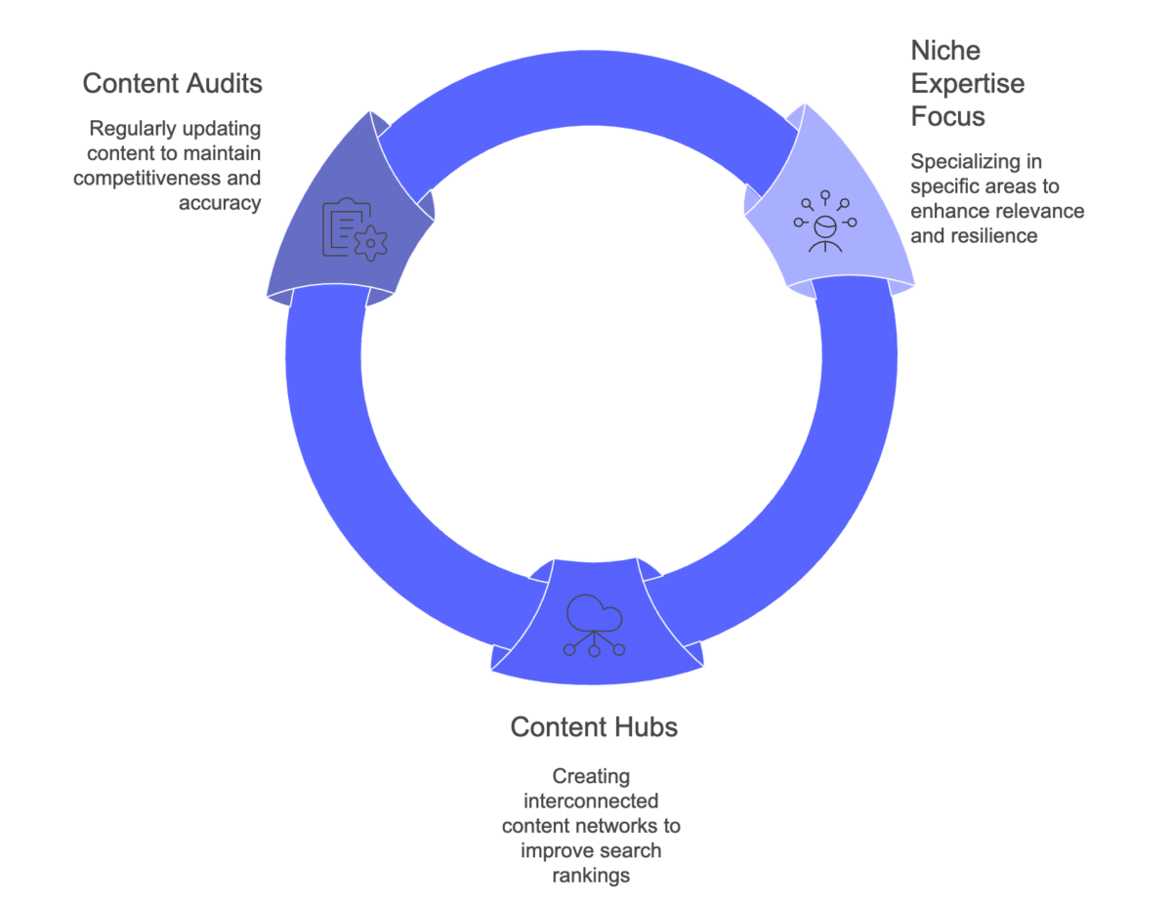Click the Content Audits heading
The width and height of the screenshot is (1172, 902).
[x=172, y=84]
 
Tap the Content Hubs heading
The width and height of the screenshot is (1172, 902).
[x=593, y=727]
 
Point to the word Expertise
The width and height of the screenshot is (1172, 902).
[x=967, y=83]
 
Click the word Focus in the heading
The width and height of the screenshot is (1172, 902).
[x=947, y=116]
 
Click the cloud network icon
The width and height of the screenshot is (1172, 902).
[x=594, y=625]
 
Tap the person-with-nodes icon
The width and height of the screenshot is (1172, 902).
[x=825, y=222]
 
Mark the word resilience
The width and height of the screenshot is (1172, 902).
[x=995, y=235]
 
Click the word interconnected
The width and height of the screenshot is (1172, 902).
[x=592, y=800]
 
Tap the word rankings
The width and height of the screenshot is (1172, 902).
[x=592, y=876]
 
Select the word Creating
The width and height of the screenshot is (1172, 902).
[x=592, y=776]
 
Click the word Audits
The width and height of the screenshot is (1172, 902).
[x=227, y=84]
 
